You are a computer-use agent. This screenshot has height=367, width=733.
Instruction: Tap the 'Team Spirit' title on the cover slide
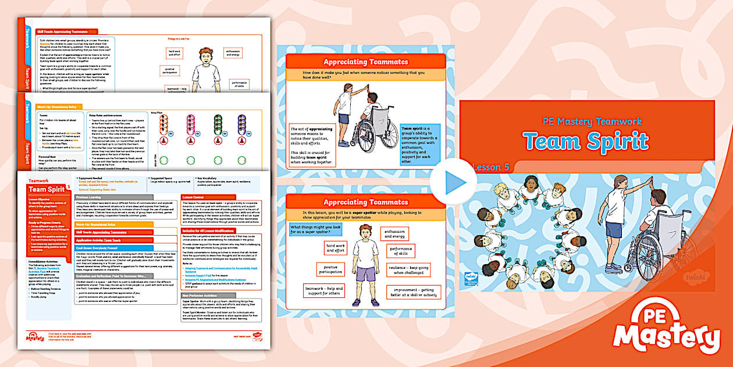tap(585, 141)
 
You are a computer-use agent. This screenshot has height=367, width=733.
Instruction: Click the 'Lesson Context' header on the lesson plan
tap(194, 197)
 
